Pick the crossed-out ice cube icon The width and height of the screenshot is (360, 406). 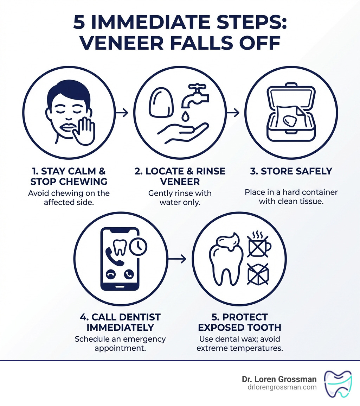point(259,274)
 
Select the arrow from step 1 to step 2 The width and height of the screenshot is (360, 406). point(122,113)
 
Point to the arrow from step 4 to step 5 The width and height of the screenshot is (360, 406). point(178,259)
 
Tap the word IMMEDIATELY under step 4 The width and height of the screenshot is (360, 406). point(120,327)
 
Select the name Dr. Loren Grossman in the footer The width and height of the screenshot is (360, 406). point(279,379)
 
